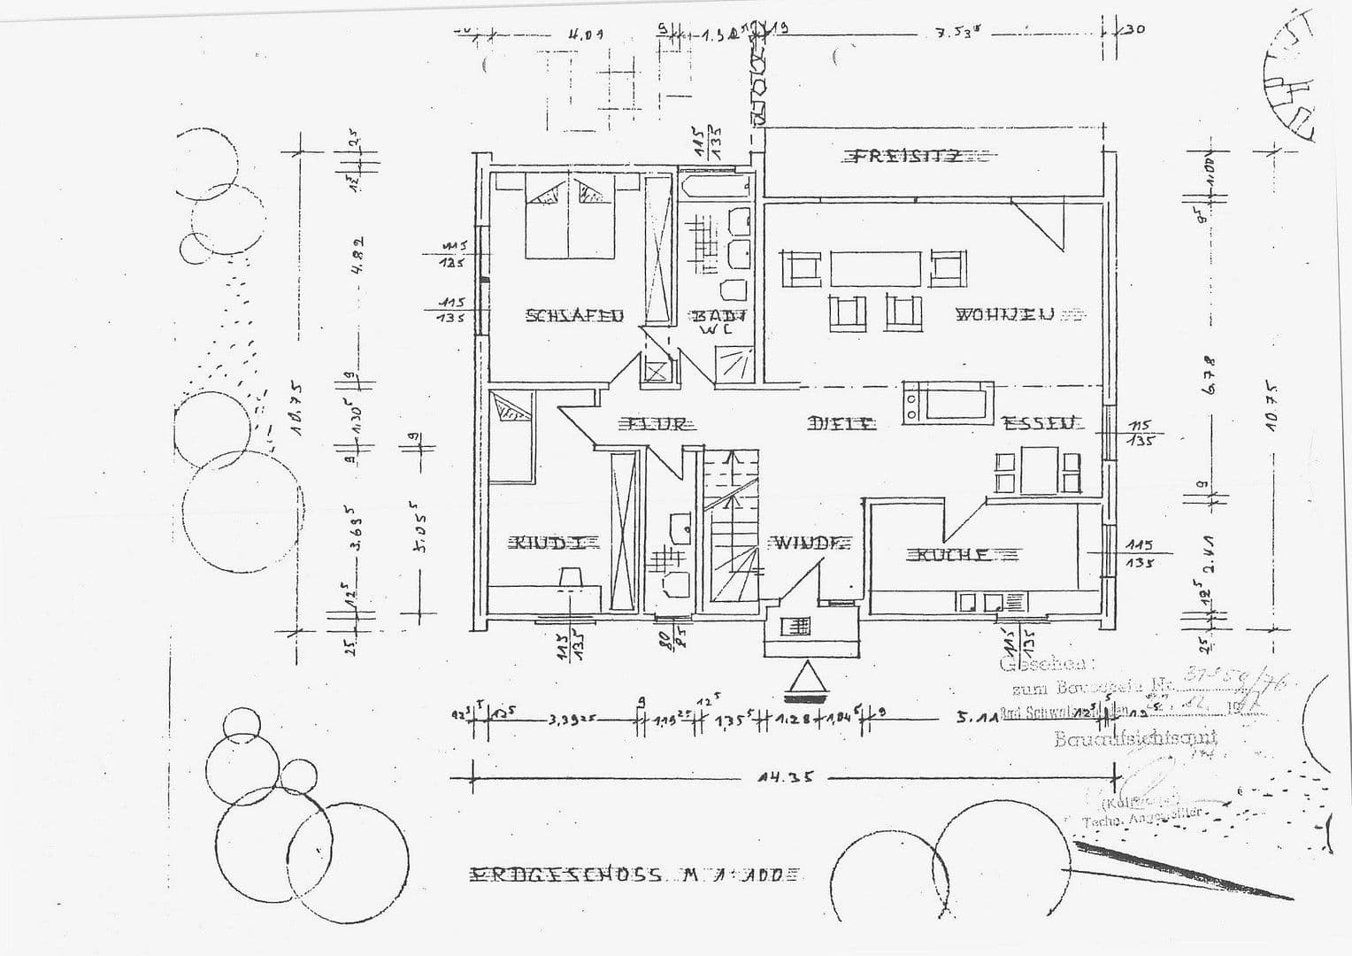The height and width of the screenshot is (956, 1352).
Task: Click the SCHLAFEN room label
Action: [574, 315]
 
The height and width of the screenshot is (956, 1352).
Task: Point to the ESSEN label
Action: [1042, 423]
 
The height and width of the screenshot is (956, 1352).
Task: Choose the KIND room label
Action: [548, 543]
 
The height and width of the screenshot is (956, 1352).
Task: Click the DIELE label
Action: [841, 424]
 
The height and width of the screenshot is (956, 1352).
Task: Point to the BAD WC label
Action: [718, 320]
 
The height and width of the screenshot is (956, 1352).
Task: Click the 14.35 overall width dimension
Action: [784, 779]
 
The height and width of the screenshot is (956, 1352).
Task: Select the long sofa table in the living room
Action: [875, 268]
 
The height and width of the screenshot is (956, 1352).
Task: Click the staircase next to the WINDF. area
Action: [731, 531]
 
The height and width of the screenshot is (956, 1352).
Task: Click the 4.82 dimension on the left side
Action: [357, 255]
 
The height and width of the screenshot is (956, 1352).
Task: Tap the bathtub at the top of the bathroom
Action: [716, 187]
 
